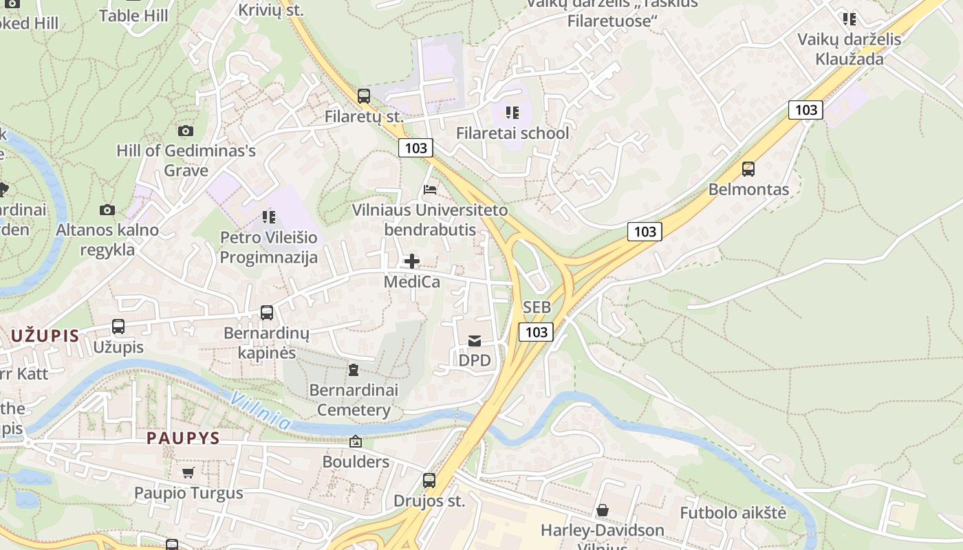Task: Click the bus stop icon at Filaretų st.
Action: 364,96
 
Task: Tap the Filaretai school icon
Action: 512,112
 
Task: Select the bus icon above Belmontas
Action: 748,168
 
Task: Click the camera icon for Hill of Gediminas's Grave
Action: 185,131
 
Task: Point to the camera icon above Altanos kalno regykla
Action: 107,210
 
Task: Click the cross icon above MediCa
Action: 412,261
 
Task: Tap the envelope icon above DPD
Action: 475,340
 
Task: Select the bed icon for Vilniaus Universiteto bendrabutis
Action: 431,189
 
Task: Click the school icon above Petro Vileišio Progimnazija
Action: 269,217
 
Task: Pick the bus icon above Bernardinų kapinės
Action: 267,313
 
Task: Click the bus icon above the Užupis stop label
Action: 118,327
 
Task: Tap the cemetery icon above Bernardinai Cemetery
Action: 354,371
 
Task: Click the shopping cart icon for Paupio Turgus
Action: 188,472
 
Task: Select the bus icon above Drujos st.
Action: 429,481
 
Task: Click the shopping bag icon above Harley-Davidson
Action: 603,510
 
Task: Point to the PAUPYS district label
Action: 183,438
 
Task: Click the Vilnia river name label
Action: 261,410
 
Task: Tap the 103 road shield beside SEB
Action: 537,333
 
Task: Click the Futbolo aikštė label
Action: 733,513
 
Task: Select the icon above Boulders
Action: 356,441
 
